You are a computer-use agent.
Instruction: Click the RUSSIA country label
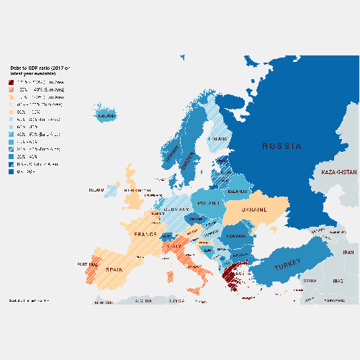282,146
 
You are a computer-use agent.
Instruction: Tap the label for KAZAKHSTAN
338,173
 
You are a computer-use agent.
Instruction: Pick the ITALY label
174,248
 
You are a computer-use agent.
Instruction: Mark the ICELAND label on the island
107,115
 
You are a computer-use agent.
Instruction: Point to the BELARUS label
238,192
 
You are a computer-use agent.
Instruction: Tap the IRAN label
349,253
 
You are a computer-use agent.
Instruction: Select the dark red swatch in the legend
12,82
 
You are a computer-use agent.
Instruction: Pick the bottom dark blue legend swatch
12,172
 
